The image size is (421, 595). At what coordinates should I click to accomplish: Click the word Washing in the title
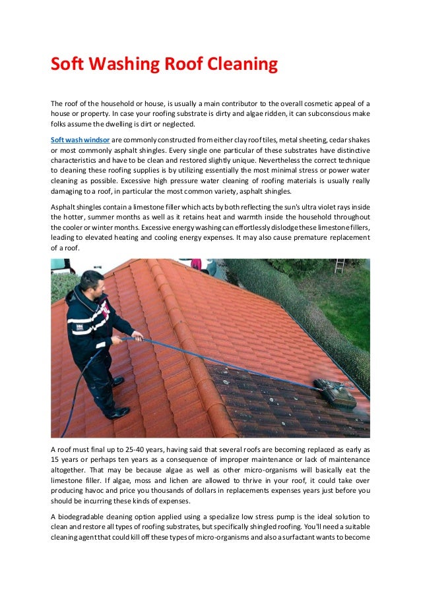[x=121, y=65]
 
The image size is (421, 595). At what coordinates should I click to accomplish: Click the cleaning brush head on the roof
[x=334, y=393]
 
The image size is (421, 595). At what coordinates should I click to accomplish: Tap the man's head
[x=92, y=281]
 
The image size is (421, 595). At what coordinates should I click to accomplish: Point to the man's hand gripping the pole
[x=137, y=335]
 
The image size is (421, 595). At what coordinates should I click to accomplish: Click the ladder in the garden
[x=340, y=266]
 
